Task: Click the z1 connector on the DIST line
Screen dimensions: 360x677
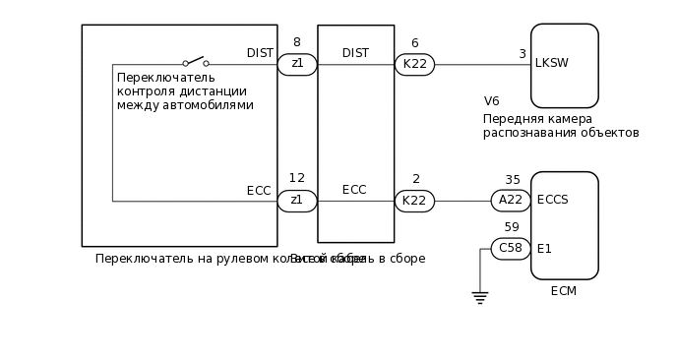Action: point(296,65)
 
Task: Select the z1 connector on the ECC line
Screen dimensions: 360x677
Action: point(296,201)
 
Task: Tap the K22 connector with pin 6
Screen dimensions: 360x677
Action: point(414,65)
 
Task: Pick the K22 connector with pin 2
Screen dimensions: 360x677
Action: point(414,201)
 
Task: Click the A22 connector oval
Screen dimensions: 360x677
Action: point(511,201)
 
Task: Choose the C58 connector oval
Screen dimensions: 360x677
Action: point(511,248)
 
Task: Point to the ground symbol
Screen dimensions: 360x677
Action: point(480,297)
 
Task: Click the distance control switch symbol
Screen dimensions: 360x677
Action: point(195,61)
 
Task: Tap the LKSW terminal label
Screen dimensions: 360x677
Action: point(552,64)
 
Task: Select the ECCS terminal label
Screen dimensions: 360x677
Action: point(553,200)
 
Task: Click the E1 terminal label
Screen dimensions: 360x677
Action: point(544,248)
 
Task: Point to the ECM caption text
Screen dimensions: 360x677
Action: point(564,291)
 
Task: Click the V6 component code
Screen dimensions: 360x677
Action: point(492,101)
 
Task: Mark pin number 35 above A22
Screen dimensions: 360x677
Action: point(513,180)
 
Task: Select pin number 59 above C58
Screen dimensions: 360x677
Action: point(512,227)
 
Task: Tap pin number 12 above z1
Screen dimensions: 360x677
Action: point(296,178)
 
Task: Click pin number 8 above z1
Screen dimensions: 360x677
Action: point(296,42)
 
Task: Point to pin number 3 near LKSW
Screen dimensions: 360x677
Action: point(523,54)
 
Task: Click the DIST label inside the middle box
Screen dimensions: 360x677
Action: point(355,52)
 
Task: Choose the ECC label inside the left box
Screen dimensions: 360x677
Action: point(259,191)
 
